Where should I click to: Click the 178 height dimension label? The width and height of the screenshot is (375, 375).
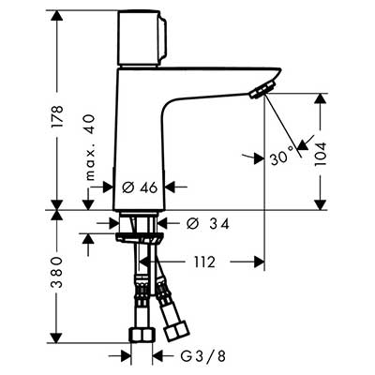(57, 116)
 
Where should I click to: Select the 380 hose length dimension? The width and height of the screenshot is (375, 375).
(57, 273)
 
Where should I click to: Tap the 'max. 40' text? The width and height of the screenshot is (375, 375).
(89, 147)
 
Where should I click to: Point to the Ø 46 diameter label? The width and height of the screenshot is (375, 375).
(140, 187)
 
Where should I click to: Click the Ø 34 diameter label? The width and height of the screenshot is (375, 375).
(207, 223)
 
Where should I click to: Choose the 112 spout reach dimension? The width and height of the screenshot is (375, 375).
(204, 262)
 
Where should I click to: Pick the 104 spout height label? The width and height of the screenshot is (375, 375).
(321, 154)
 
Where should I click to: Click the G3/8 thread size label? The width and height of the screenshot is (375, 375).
(203, 356)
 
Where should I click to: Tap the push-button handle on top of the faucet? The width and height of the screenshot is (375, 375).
(142, 38)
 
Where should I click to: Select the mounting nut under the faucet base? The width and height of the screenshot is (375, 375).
(139, 237)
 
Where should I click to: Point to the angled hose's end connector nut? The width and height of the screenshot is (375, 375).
(175, 331)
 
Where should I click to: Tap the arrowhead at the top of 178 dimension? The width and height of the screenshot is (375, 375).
(57, 16)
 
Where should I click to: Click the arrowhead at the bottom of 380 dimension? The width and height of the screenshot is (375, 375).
(57, 337)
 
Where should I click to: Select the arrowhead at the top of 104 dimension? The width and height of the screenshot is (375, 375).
(321, 98)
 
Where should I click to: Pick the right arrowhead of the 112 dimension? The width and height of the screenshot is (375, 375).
(259, 262)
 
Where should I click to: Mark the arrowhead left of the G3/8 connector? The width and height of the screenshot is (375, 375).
(125, 356)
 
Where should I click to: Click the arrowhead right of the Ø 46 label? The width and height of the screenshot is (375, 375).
(171, 187)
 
